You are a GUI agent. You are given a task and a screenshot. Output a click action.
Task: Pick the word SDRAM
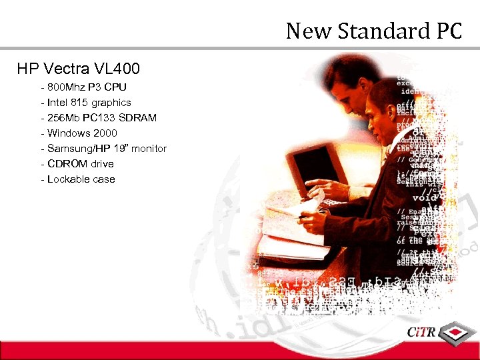(138, 118)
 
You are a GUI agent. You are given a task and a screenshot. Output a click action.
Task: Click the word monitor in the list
(149, 149)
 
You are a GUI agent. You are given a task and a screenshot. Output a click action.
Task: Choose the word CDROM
(65, 164)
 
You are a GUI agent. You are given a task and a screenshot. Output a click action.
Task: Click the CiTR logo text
(425, 333)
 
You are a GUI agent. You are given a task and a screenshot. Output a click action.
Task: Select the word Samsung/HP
(77, 149)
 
